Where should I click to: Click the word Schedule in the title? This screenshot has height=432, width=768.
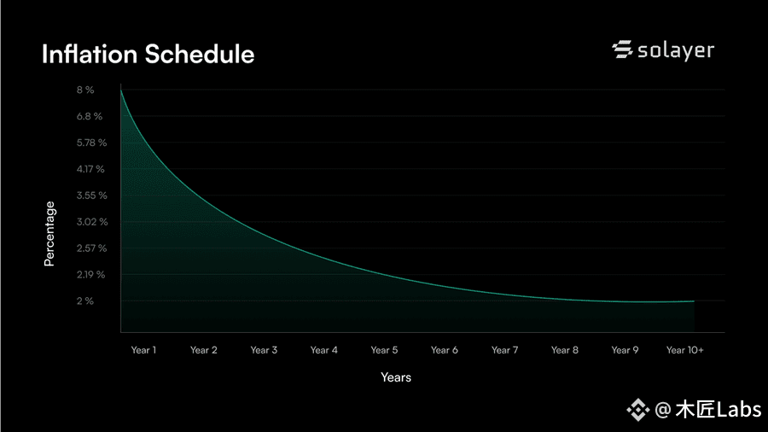200,54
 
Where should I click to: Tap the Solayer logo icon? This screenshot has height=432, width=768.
623,50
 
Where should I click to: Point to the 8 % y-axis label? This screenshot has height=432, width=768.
85,90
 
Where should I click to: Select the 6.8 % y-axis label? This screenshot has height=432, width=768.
89,117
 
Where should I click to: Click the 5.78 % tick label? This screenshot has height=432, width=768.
91,143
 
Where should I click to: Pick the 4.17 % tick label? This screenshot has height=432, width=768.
90,169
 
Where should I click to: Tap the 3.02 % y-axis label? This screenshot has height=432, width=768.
92,222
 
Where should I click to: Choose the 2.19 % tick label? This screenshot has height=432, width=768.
90,275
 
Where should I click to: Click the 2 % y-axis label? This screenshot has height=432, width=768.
84,301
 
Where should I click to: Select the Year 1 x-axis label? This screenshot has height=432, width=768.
143,350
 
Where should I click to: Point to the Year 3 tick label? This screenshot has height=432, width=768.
264,350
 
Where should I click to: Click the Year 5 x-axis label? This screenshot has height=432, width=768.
385,350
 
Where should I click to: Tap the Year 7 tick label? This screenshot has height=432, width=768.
504,350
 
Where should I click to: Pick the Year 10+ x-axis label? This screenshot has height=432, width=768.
684,350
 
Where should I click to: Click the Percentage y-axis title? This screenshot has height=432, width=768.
49,234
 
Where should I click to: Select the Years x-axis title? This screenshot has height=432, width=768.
396,377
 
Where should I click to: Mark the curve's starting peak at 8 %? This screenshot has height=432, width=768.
121,90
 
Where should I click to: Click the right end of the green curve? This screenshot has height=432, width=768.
694,301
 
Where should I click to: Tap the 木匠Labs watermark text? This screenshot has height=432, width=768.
719,410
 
